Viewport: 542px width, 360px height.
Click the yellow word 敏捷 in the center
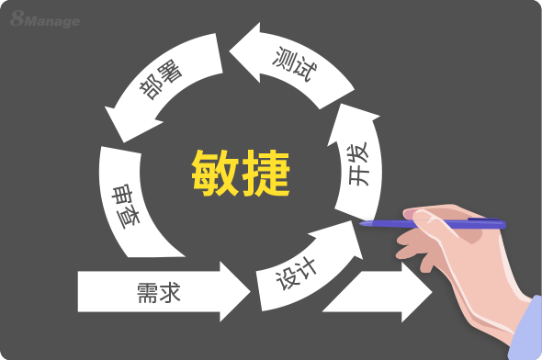pyautogui.click(x=240, y=171)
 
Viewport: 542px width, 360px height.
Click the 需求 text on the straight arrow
pyautogui.click(x=158, y=293)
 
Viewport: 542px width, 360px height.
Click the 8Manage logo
pyautogui.click(x=45, y=19)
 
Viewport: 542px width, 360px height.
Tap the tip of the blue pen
pyautogui.click(x=362, y=223)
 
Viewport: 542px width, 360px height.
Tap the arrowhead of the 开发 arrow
pyautogui.click(x=356, y=116)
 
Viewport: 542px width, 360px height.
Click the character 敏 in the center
pyautogui.click(x=215, y=171)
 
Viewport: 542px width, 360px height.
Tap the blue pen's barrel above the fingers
pyautogui.click(x=459, y=222)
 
